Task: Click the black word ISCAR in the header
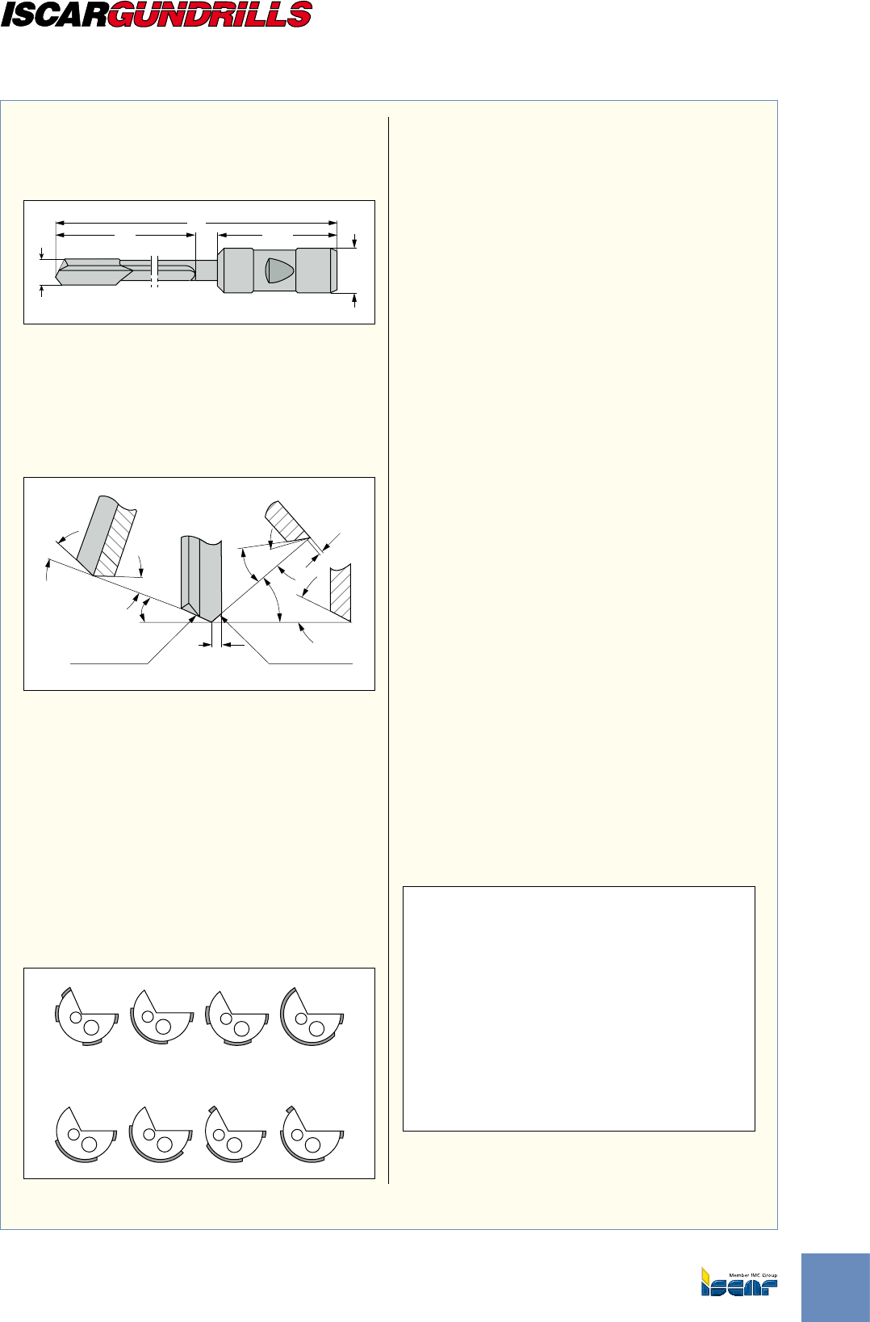point(54,15)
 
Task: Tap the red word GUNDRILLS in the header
point(210,15)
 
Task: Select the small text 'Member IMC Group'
point(753,1275)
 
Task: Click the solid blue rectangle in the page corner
point(836,1288)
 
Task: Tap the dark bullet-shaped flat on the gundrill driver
point(279,270)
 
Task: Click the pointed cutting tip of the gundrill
point(56,275)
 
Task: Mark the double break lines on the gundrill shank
point(155,271)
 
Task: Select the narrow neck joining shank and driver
point(207,271)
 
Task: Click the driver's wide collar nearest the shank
point(236,270)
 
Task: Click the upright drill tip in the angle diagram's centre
point(201,579)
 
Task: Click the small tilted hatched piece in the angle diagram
point(287,521)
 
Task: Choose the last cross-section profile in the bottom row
point(312,1134)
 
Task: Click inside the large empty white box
point(579,1009)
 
